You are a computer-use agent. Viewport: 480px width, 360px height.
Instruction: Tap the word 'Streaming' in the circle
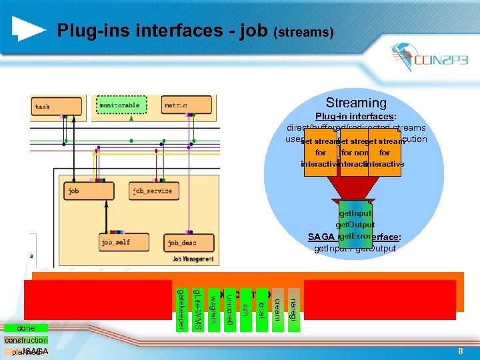355,103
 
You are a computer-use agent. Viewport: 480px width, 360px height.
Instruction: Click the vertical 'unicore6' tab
229,309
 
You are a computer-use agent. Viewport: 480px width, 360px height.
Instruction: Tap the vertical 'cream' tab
277,308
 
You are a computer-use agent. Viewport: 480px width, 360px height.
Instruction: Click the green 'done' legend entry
27,328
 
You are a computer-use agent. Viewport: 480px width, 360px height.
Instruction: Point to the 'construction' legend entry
26,340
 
